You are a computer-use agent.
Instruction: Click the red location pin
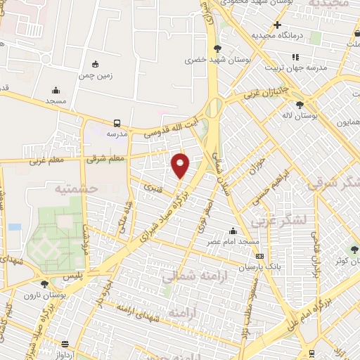pyautogui.click(x=181, y=165)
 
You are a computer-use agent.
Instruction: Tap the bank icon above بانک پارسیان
pyautogui.click(x=259, y=256)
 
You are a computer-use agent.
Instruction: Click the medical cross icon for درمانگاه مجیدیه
pyautogui.click(x=278, y=25)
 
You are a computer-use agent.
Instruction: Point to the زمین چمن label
pyautogui.click(x=96, y=74)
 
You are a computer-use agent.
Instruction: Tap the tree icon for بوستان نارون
pyautogui.click(x=44, y=284)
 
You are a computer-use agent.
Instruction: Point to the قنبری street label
pyautogui.click(x=153, y=188)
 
